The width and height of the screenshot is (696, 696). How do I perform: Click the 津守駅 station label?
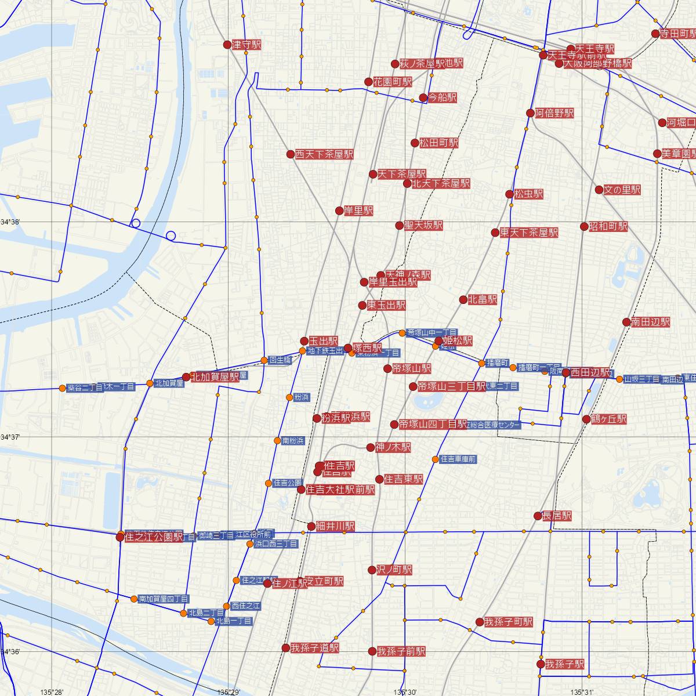point(246,45)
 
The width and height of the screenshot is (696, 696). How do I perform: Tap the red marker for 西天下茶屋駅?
point(291,154)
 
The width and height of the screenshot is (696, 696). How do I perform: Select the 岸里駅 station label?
point(358,211)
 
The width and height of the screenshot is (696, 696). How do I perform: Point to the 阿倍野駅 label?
point(554,113)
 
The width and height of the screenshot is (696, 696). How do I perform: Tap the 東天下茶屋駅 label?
point(529,233)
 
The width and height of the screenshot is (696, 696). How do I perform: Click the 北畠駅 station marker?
point(463,300)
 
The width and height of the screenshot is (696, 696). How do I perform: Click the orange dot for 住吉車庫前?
point(435,459)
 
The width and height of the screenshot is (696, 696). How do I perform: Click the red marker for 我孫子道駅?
point(285,647)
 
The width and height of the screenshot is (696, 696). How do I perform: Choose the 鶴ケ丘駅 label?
point(610,419)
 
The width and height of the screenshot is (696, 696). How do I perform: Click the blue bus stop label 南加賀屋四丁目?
point(163,599)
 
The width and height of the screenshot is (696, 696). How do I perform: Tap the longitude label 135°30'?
point(405,692)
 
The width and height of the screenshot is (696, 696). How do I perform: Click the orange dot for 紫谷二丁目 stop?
point(62,388)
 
